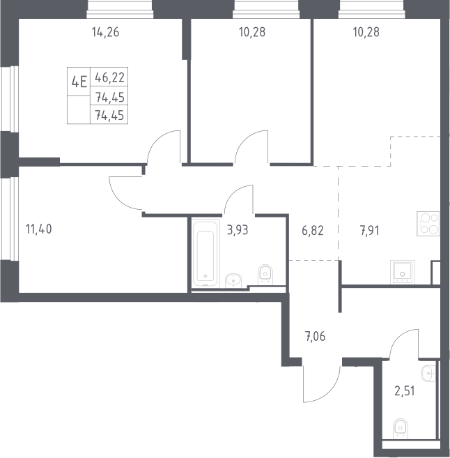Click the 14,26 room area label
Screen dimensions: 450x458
[x=105, y=32]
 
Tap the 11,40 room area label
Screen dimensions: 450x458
[x=39, y=229]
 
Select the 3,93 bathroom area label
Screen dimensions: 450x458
[x=238, y=230]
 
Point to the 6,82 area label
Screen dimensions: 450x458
[x=313, y=231]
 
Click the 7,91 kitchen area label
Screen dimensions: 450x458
[x=369, y=231]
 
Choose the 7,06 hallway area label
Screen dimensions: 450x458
[x=315, y=337]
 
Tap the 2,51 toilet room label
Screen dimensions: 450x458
[x=405, y=391]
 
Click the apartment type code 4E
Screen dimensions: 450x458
[x=79, y=82]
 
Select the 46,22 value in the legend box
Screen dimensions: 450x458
[x=110, y=77]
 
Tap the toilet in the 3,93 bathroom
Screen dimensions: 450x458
[x=265, y=275]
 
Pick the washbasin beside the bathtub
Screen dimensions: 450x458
[x=233, y=280]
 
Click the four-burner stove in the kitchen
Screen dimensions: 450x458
[x=428, y=224]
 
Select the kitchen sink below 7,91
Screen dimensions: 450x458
[x=403, y=272]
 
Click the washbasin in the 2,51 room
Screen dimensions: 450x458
[x=428, y=373]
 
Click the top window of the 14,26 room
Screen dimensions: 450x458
[x=120, y=9]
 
